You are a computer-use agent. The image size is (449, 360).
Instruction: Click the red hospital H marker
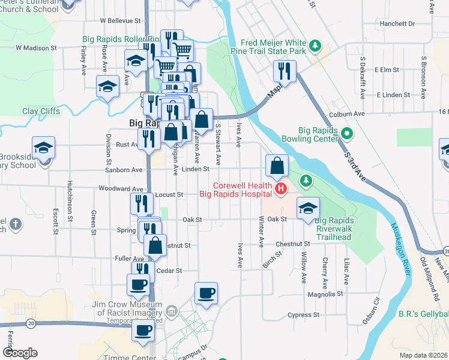[x=280, y=191]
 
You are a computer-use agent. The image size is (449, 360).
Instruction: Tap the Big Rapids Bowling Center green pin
[x=346, y=133]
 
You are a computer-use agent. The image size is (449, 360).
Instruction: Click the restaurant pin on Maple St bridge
[x=285, y=71]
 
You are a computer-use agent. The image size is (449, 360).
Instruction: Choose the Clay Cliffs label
[x=41, y=111]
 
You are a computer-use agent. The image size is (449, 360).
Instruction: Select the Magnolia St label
[x=323, y=294]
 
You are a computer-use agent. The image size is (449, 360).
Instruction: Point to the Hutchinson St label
[x=70, y=198]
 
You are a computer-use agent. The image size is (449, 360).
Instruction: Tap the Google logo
[x=20, y=353]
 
